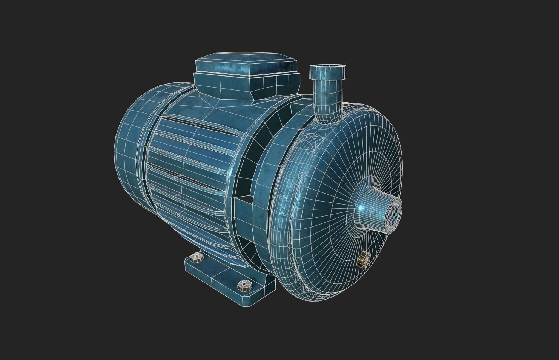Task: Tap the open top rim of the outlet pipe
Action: click(x=328, y=69)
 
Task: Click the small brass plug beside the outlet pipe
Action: click(x=345, y=104)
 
